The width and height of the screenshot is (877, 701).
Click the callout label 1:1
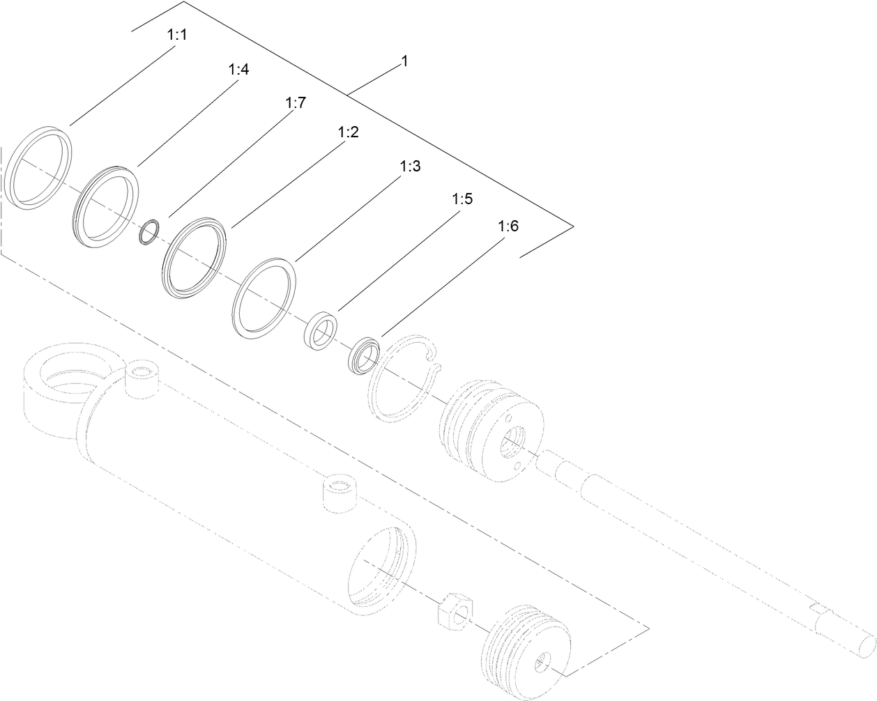[x=178, y=34]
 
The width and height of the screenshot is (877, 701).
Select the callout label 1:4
[x=238, y=70]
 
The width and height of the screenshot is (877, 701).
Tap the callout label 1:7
[x=296, y=103]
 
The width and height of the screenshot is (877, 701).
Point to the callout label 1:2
[x=348, y=132]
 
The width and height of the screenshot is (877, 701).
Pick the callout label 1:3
[x=411, y=167]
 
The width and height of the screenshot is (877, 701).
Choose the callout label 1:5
[x=462, y=199]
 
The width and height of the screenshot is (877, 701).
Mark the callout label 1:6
[x=508, y=227]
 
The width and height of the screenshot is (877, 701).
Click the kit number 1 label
[x=404, y=61]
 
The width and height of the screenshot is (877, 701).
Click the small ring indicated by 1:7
[x=150, y=232]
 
